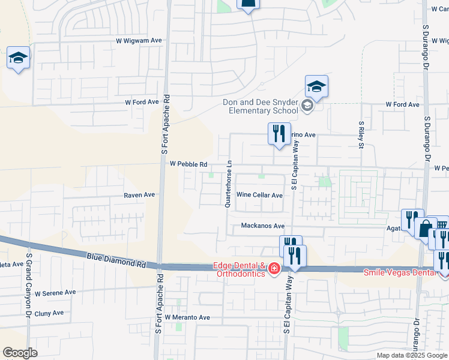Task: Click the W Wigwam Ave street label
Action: coord(139,41)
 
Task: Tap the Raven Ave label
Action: coord(139,195)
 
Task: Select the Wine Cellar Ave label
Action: coord(259,195)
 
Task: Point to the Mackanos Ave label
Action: coord(262,226)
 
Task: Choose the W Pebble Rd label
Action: coord(188,164)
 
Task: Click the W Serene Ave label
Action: coord(55,293)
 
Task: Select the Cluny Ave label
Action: coord(49,313)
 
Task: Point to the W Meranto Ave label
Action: coord(187,317)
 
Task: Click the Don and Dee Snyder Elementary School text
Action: coord(261,106)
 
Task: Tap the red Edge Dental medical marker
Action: coord(274,268)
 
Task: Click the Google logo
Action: coord(20,353)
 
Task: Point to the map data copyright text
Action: coord(411,355)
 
